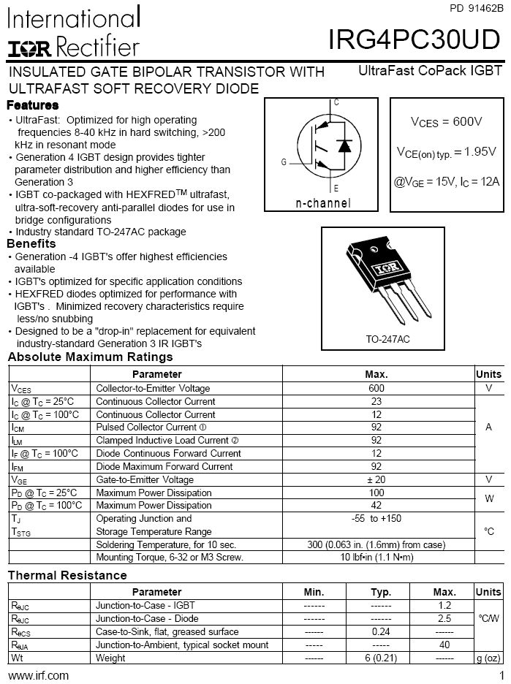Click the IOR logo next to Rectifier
point(29,47)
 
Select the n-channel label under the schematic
point(322,203)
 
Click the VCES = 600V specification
point(446,121)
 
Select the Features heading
point(33,105)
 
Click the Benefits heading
point(31,243)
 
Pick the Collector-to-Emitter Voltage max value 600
point(376,388)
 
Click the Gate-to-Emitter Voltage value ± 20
point(376,479)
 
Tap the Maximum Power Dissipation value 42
point(376,505)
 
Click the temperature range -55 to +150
point(376,518)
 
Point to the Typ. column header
point(381,592)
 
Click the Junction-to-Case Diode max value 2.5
point(444,618)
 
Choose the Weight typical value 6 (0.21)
point(381,658)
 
